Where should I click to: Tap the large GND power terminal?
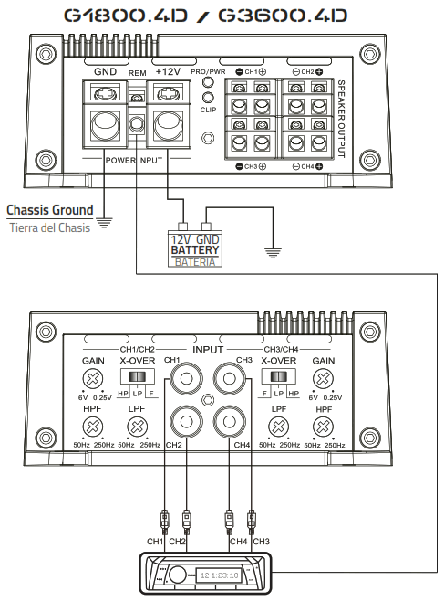pyautogui.click(x=104, y=122)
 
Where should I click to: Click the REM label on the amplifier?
pyautogui.click(x=137, y=71)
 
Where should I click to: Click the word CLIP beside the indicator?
pyautogui.click(x=209, y=109)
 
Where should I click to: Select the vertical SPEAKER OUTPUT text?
pyautogui.click(x=342, y=119)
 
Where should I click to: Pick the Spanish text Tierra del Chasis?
pyautogui.click(x=49, y=227)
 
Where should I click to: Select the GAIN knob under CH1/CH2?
pyautogui.click(x=93, y=381)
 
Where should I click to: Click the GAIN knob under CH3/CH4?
pyautogui.click(x=322, y=381)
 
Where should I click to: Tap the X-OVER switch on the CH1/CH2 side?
pyautogui.click(x=137, y=378)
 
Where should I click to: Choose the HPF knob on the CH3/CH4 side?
pyautogui.click(x=322, y=427)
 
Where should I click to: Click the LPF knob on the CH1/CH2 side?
pyautogui.click(x=137, y=427)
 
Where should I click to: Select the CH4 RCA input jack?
pyautogui.click(x=229, y=422)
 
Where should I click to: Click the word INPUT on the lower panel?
pyautogui.click(x=206, y=349)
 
